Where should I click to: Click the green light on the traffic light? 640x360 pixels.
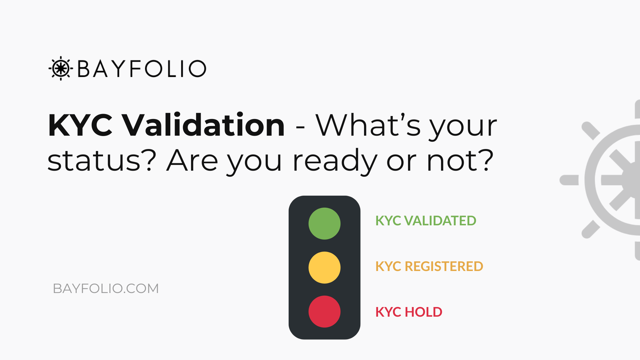[x=324, y=223]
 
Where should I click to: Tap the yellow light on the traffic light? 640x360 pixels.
[x=324, y=267]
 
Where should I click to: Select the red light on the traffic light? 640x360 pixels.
[x=324, y=311]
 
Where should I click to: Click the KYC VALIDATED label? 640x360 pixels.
[x=426, y=221]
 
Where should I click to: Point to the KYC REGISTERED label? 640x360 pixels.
[x=429, y=266]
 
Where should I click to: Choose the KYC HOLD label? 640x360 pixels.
[x=409, y=312]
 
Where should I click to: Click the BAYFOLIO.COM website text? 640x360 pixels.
[x=106, y=288]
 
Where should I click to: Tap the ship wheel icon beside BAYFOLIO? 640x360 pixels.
[x=61, y=68]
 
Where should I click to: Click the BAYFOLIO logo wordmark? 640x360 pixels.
[x=142, y=69]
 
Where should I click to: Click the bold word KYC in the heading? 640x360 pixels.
[x=80, y=125]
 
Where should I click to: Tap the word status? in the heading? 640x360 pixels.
[x=102, y=161]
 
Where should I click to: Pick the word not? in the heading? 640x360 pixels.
[x=460, y=161]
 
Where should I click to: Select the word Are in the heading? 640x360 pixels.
[x=192, y=161]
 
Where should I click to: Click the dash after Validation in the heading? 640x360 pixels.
[x=300, y=128]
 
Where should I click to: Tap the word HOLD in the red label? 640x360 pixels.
[x=423, y=312]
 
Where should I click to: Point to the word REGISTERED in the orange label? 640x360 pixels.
[x=444, y=266]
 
